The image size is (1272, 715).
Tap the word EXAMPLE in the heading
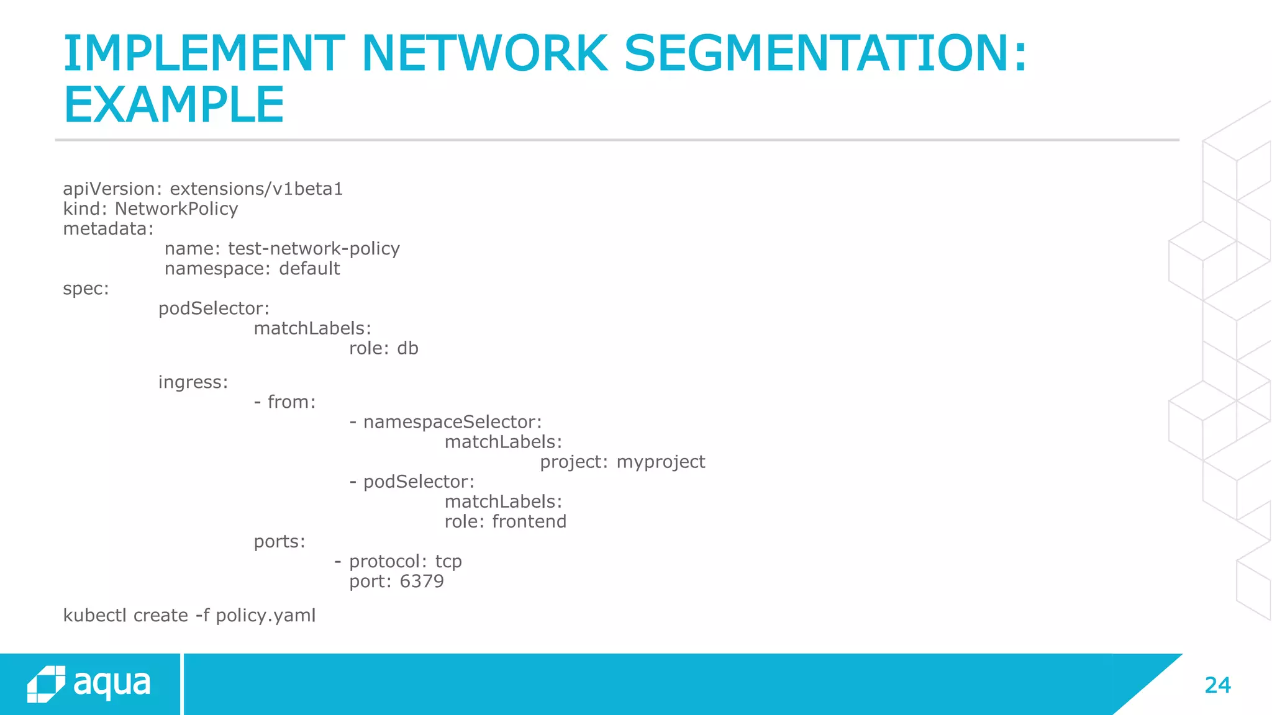click(x=174, y=105)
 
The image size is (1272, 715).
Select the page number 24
click(x=1217, y=685)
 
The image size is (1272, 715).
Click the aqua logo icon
click(x=46, y=685)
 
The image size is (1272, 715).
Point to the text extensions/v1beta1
click(x=256, y=189)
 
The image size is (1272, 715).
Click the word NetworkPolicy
click(x=176, y=209)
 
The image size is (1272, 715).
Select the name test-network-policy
click(x=314, y=248)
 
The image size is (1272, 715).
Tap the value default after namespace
click(x=309, y=268)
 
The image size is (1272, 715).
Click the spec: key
click(x=86, y=289)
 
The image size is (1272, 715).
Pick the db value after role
click(x=407, y=348)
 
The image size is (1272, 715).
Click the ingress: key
click(x=193, y=382)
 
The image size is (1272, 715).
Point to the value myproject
click(x=661, y=462)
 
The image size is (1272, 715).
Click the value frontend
click(x=529, y=521)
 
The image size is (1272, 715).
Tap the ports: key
click(x=279, y=541)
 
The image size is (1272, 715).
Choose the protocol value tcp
click(x=448, y=561)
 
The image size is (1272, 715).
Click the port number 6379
click(x=422, y=581)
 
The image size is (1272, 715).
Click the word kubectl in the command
click(x=94, y=615)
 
